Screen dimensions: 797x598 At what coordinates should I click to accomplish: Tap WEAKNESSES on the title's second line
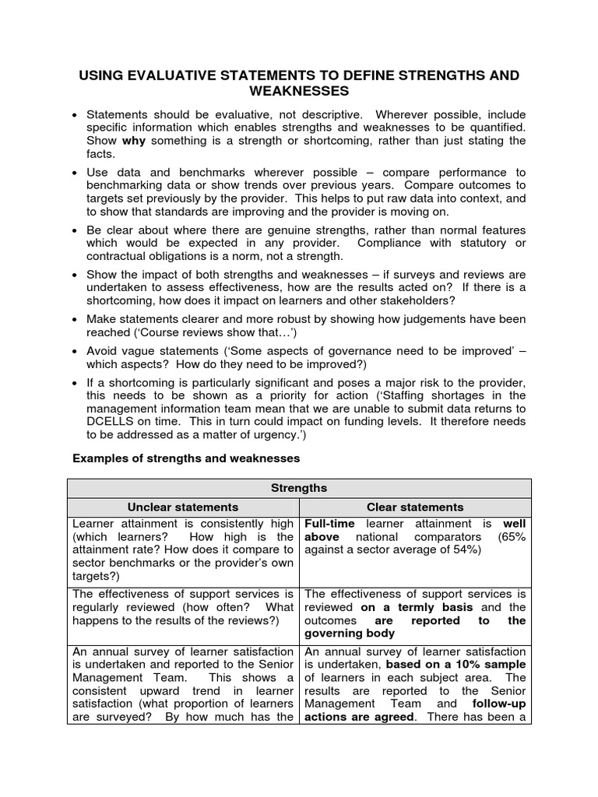coord(299,92)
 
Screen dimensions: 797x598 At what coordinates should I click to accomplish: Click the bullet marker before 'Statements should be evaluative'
coord(75,114)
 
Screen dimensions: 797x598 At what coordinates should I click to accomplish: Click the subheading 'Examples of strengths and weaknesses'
coord(186,459)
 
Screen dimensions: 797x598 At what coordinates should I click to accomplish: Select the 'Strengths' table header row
coord(299,489)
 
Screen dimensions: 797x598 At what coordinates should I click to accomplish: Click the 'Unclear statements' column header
coord(183,507)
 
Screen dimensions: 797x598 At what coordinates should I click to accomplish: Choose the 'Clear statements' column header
coord(415,507)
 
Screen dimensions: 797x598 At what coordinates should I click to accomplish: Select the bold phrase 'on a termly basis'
coord(420,607)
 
